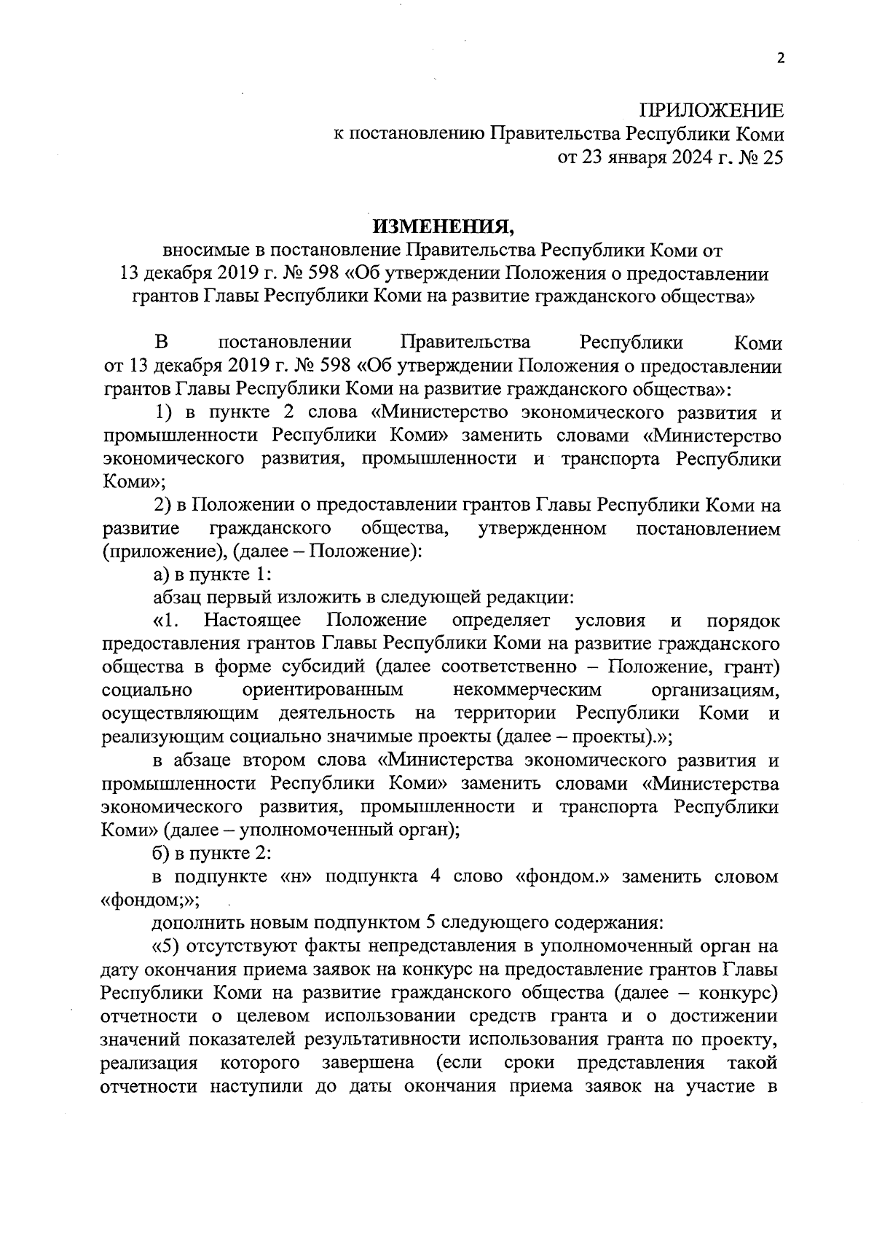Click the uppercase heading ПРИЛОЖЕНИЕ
[712, 111]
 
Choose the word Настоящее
[253, 621]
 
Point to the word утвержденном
[543, 528]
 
